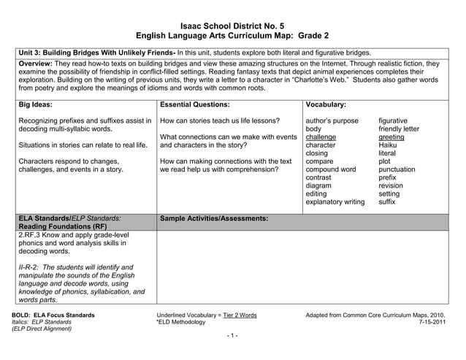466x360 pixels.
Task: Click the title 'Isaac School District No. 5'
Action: tap(232, 25)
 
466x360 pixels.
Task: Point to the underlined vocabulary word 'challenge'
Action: tap(321, 137)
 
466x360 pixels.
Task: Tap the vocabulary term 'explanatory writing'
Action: tap(335, 202)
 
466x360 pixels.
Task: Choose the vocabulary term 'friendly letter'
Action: tap(399, 129)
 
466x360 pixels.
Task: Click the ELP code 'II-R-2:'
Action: tap(31, 268)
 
